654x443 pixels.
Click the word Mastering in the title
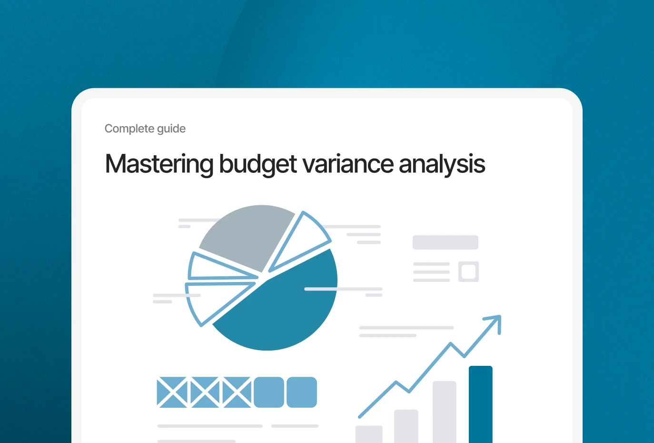[159, 164]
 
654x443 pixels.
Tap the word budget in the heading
[258, 164]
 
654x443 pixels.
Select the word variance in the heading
[348, 164]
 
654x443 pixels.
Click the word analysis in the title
[442, 164]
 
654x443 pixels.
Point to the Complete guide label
[145, 129]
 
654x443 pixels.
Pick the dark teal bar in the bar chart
[481, 404]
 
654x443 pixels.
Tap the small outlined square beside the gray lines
[468, 272]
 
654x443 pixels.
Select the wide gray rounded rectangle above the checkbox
[446, 242]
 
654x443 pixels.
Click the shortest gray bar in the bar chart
[369, 434]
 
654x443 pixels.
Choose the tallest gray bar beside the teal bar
[445, 412]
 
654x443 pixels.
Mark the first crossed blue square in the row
[172, 392]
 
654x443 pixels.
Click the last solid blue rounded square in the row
[302, 392]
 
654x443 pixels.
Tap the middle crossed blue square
[205, 392]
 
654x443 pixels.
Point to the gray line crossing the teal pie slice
[343, 289]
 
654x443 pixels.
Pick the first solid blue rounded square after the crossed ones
[269, 392]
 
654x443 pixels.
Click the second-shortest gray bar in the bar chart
[406, 426]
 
